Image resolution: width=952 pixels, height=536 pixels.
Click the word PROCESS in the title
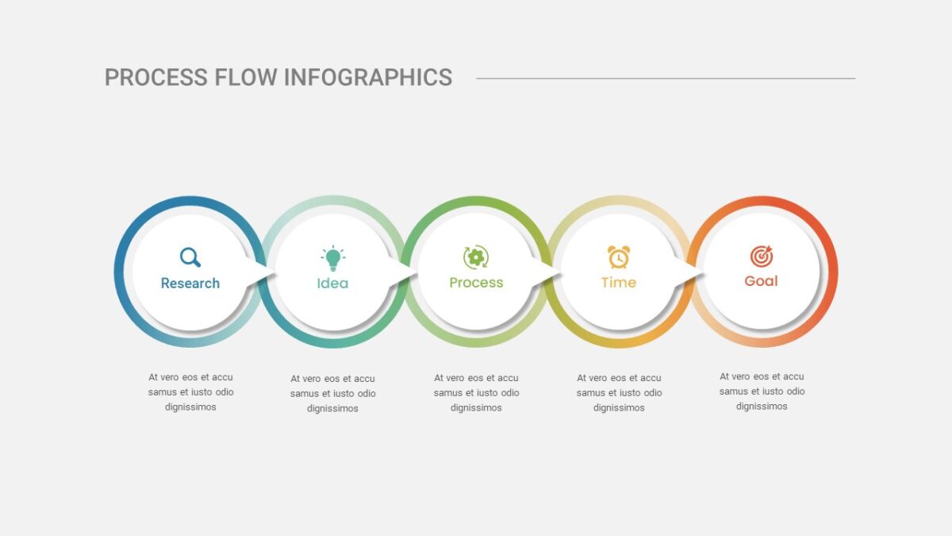click(156, 78)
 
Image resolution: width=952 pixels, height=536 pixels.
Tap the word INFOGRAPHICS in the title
click(367, 78)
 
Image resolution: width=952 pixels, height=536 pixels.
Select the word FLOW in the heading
click(246, 78)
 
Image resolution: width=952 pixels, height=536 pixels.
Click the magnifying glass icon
click(190, 257)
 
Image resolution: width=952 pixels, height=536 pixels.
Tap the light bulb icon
click(332, 258)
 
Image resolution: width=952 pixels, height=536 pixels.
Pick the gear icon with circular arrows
click(476, 257)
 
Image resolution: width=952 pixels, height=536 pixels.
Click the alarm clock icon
click(618, 257)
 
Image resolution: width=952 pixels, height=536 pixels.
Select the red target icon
click(761, 256)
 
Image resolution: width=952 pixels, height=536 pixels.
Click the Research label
click(190, 283)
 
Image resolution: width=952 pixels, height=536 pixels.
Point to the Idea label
click(332, 283)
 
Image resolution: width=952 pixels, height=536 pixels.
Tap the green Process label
click(476, 283)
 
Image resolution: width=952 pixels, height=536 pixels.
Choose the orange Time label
click(618, 283)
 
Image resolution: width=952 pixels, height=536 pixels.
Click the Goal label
click(761, 281)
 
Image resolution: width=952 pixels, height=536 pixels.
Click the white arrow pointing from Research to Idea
click(260, 271)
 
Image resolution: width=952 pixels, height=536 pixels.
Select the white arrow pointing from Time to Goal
click(688, 270)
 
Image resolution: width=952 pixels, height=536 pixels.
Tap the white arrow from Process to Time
click(546, 271)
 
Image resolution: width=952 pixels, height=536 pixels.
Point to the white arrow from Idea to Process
click(403, 272)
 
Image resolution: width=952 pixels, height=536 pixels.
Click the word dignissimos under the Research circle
click(190, 407)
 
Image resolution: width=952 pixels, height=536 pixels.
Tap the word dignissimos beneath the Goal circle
click(762, 407)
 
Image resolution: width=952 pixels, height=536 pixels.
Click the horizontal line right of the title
click(666, 79)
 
